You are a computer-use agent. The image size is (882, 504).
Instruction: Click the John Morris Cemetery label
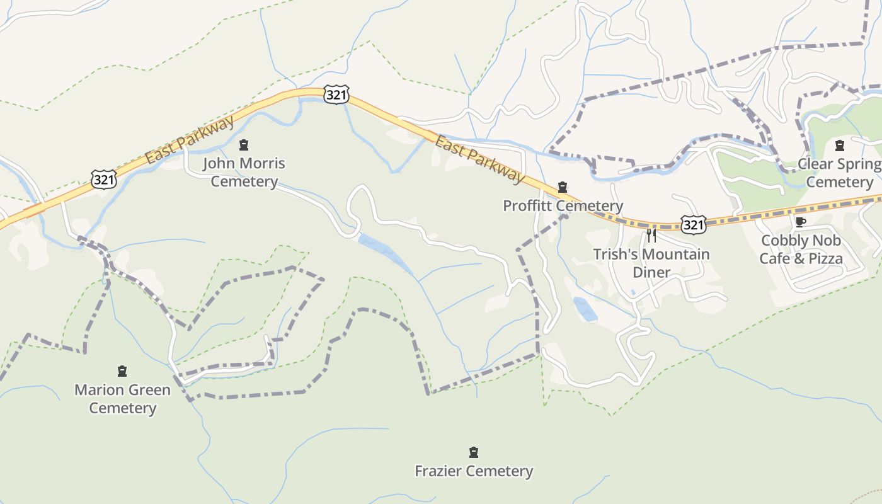pos(244,173)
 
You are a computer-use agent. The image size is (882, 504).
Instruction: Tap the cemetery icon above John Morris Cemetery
pos(244,146)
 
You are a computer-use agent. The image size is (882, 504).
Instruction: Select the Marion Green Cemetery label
pos(122,399)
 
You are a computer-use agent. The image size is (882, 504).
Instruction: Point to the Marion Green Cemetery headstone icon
pos(122,371)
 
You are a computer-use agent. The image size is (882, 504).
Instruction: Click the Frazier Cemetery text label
pos(474,471)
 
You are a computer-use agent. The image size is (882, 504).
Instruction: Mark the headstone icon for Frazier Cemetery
pos(474,452)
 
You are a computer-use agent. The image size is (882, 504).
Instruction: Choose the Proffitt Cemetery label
pos(563,206)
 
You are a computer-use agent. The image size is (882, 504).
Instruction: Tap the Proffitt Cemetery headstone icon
pos(563,187)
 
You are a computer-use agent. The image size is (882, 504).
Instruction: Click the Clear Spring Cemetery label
pos(840,173)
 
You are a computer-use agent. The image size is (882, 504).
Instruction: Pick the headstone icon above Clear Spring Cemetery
pos(839,146)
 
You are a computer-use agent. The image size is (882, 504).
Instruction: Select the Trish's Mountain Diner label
pos(651,263)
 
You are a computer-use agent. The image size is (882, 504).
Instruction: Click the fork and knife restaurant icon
pos(651,236)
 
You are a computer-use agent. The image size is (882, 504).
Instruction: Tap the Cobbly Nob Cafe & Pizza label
pos(801,249)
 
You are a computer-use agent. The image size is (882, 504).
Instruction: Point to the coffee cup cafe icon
pos(800,222)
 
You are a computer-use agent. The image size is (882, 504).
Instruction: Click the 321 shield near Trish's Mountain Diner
pos(693,224)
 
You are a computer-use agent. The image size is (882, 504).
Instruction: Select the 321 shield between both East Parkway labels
pos(336,94)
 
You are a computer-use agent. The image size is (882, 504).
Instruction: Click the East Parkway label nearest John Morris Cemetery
pos(190,139)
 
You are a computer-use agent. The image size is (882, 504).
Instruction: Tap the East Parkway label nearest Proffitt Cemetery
pos(480,160)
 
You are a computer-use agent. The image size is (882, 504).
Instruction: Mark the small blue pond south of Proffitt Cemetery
pos(585,309)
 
